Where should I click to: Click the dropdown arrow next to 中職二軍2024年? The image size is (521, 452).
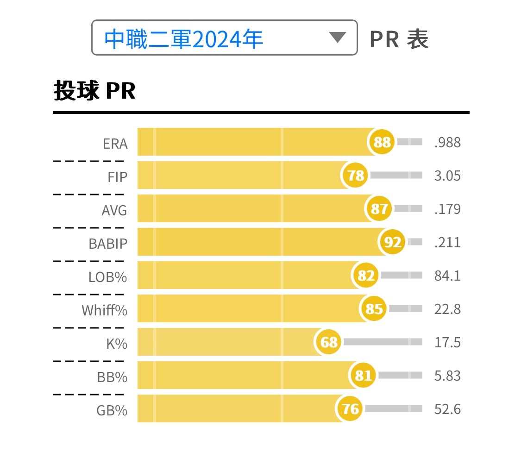point(337,38)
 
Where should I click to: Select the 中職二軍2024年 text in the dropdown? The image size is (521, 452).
point(184,39)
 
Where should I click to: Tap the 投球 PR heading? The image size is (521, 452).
point(94,91)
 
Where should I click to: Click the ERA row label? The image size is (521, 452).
point(115,144)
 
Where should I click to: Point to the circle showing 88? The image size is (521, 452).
point(382,142)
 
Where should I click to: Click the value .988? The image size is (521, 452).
point(447,142)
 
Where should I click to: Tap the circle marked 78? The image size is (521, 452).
point(356,176)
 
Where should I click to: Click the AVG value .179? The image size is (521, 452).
point(447,209)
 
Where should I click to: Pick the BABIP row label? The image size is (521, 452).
point(108,244)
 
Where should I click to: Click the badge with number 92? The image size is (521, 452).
point(393,242)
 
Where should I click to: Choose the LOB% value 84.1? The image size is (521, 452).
point(447,276)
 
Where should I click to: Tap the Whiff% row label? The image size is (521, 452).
point(104,310)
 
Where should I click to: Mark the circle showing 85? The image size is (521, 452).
point(374,308)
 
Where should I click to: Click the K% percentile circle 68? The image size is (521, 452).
point(329,342)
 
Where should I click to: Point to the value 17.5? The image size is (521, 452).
point(447,342)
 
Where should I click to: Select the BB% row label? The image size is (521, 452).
point(112,377)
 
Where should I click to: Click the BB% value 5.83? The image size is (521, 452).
point(447,376)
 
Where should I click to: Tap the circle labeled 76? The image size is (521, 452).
point(350,409)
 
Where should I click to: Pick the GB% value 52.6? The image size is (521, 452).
point(447,409)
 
